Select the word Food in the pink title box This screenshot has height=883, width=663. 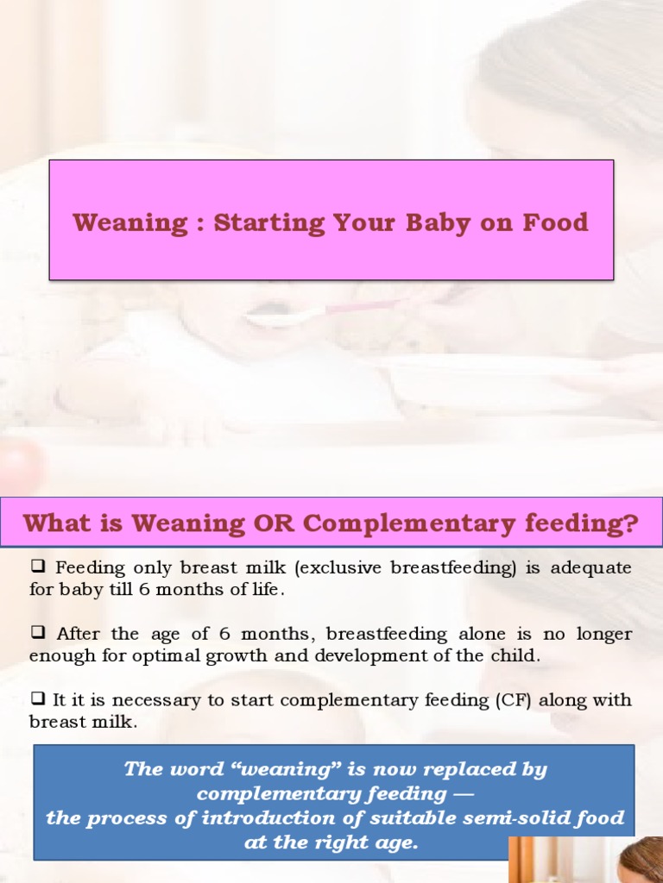tap(554, 222)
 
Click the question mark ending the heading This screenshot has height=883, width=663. tap(631, 523)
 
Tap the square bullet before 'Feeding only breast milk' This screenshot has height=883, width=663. tap(37, 567)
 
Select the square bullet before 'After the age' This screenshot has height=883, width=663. tap(37, 633)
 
